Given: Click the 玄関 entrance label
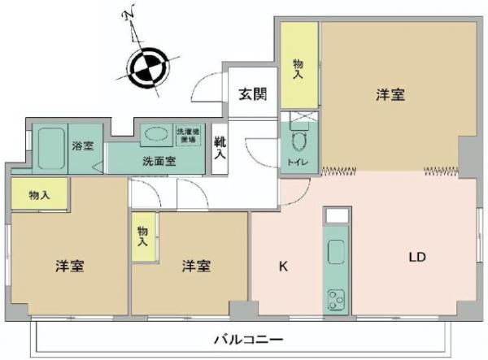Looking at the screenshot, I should (252, 93).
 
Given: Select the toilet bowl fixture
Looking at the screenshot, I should (297, 145).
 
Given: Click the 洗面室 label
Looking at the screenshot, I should (159, 160).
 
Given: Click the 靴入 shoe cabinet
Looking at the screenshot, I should (220, 147).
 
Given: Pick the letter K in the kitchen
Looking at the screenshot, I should (283, 265).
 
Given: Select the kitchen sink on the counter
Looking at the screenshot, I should (335, 253).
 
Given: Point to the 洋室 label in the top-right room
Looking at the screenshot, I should (390, 95).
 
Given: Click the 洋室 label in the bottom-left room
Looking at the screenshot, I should (71, 266).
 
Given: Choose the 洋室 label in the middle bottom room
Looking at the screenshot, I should (197, 266).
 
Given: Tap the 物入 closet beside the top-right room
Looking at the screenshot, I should (298, 68).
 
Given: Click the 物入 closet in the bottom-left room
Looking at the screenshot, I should (38, 194).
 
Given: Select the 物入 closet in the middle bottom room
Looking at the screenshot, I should (143, 236).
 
